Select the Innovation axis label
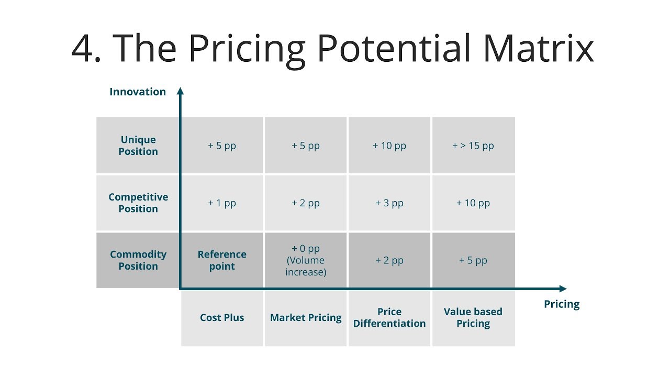(x=138, y=92)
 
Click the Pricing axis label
(x=562, y=304)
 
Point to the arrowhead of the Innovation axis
(x=181, y=91)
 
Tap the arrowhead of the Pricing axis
(x=563, y=289)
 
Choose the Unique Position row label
(x=138, y=146)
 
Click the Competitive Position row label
(x=138, y=203)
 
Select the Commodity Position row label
(x=138, y=260)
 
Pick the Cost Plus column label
(x=222, y=317)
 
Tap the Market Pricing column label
(x=306, y=317)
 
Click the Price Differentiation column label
(x=389, y=317)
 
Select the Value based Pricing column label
(x=473, y=317)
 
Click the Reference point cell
(x=222, y=260)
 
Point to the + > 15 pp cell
(x=473, y=146)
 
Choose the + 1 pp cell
(x=222, y=203)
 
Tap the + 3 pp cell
(x=389, y=203)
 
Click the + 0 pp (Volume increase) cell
(x=306, y=260)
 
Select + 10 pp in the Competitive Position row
(x=473, y=203)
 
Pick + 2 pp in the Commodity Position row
(x=389, y=260)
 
